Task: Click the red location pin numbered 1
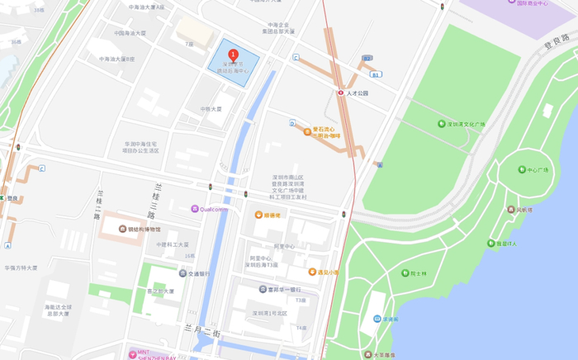pos(233,54)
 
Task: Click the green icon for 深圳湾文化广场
pos(442,125)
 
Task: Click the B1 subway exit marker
pos(376,74)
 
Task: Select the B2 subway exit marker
pos(367,59)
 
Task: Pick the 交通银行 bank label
pos(198,273)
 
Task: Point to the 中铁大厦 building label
pos(211,109)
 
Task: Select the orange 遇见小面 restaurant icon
pos(312,272)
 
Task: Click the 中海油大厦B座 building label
pos(117,59)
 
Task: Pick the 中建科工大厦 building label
pos(173,245)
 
